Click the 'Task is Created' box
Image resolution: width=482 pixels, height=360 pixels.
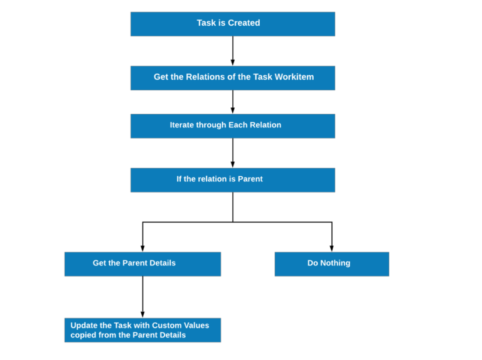point(232,24)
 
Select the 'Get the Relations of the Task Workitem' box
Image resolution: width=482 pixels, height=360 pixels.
point(232,78)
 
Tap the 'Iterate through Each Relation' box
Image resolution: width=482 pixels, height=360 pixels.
point(232,125)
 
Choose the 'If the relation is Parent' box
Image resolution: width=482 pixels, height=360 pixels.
point(232,179)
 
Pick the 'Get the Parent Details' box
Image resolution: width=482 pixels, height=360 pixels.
point(142,263)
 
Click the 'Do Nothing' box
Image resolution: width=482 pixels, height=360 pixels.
point(331,263)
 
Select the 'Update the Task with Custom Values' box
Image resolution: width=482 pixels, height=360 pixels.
point(142,330)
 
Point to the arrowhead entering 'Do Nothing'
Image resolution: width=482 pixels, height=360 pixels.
point(331,248)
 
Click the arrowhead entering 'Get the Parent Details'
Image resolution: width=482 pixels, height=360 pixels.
point(142,248)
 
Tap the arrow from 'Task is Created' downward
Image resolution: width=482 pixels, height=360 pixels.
point(232,50)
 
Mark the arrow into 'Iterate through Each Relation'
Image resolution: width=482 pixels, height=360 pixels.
point(232,102)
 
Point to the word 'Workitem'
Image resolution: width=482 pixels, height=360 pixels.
point(293,77)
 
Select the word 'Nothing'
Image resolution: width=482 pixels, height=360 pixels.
point(336,263)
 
